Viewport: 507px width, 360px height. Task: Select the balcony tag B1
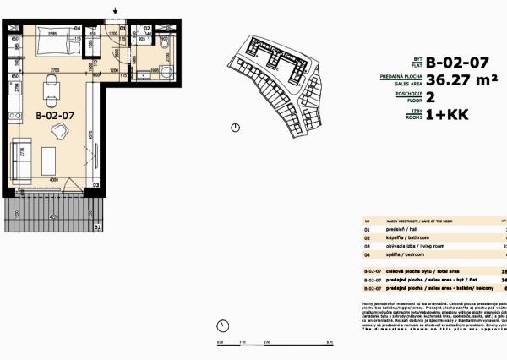[x=96, y=227]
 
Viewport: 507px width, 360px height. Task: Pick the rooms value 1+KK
[x=444, y=115]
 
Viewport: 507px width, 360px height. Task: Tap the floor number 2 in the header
[x=430, y=98]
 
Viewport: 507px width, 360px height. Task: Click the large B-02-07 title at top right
[x=457, y=63]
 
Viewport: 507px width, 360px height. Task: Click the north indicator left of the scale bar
[x=222, y=326]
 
